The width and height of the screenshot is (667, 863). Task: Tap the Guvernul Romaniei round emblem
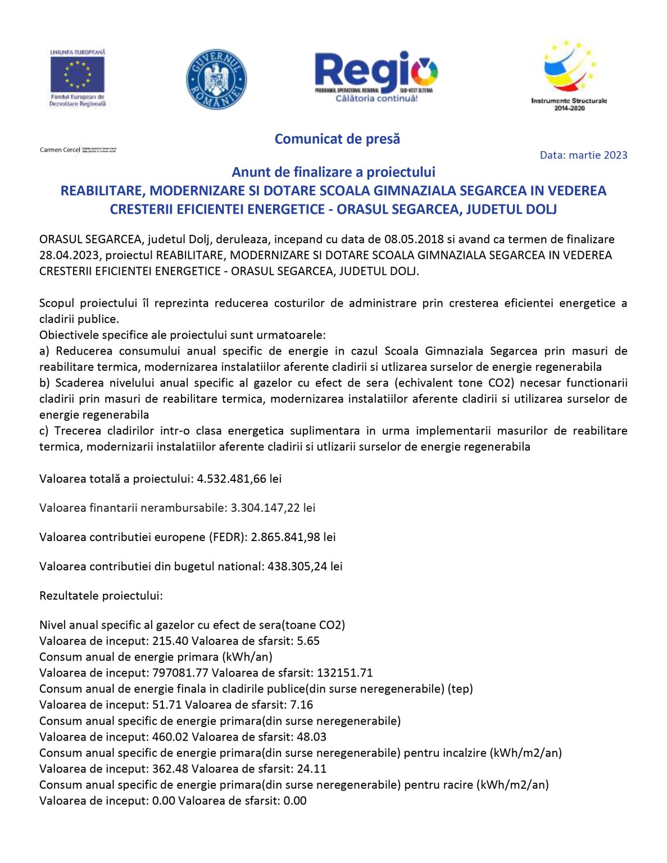(216, 79)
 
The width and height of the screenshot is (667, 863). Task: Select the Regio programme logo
(376, 76)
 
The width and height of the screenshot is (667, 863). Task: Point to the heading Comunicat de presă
(337, 139)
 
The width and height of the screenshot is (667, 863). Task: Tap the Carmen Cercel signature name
(60, 150)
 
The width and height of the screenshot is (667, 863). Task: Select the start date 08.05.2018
(415, 239)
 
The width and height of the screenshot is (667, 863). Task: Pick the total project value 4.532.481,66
(232, 479)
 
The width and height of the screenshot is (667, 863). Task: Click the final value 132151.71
(344, 673)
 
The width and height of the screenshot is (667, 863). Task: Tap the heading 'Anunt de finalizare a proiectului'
(333, 172)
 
